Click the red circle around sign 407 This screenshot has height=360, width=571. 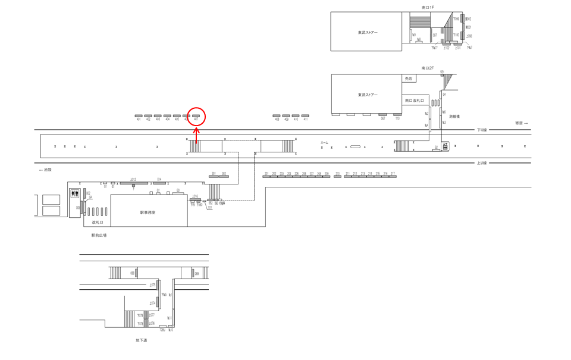tap(196, 116)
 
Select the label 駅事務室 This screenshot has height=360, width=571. tap(148, 212)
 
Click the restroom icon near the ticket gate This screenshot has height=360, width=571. tap(75, 193)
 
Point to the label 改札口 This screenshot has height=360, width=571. tap(98, 222)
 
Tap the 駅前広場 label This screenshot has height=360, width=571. tap(99, 235)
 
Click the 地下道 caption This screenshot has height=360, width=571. tap(141, 340)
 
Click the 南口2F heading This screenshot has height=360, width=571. tap(428, 68)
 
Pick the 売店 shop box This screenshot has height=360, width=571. tap(409, 79)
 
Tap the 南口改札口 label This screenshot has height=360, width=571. tap(414, 101)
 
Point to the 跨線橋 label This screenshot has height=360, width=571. tap(454, 117)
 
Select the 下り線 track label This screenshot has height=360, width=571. tap(482, 130)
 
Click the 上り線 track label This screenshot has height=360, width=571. tap(482, 163)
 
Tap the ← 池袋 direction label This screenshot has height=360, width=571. tap(46, 170)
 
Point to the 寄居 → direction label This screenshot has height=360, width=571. tap(521, 123)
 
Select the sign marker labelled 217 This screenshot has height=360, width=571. tap(393, 175)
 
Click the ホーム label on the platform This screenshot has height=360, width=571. tap(324, 143)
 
